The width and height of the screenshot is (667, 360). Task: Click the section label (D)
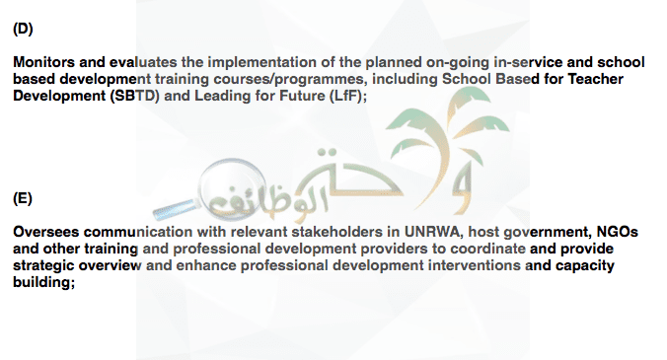tap(23, 29)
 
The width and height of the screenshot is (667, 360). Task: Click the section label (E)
tap(23, 198)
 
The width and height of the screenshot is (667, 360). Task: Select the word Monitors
tap(43, 62)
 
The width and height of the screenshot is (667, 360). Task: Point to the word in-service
tap(528, 62)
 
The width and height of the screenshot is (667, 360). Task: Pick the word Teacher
tap(596, 79)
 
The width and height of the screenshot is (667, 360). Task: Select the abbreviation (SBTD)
tap(135, 96)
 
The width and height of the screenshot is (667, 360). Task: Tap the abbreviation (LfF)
tap(348, 96)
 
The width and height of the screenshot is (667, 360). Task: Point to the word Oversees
tap(46, 232)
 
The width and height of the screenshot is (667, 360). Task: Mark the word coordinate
tap(487, 249)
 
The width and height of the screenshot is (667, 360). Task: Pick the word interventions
tap(474, 265)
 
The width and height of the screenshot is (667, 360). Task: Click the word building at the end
tap(43, 282)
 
